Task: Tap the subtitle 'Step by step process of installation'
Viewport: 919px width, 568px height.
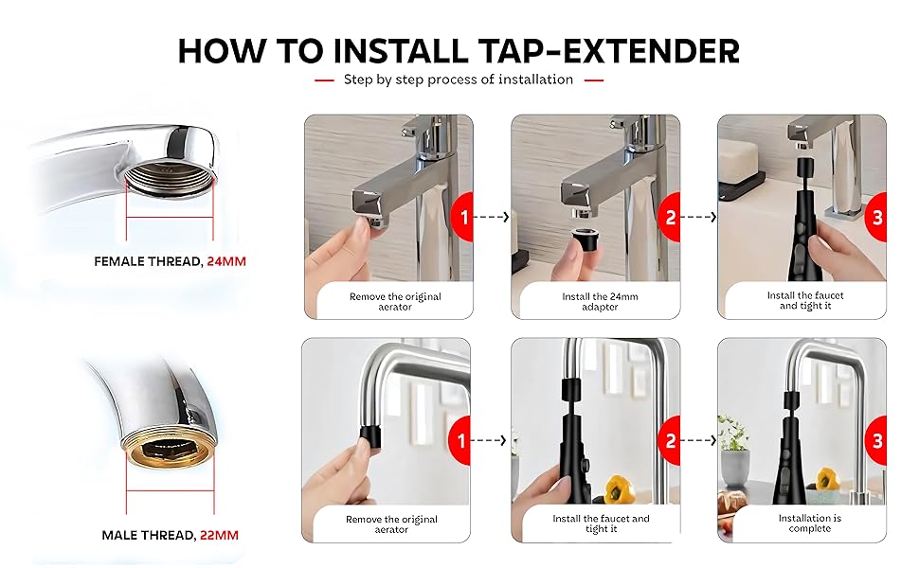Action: click(x=459, y=80)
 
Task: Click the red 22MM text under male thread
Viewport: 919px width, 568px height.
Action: click(x=219, y=535)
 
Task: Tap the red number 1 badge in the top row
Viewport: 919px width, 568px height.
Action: click(x=462, y=217)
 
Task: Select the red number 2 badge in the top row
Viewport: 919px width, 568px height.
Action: click(x=670, y=217)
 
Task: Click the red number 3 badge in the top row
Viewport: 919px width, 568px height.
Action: click(x=876, y=217)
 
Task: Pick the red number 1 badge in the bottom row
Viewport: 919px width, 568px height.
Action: click(x=462, y=441)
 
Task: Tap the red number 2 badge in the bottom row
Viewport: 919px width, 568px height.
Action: click(x=670, y=441)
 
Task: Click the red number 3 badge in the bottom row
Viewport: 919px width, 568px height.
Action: click(x=876, y=441)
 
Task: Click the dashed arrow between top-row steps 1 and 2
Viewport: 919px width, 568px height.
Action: click(x=492, y=217)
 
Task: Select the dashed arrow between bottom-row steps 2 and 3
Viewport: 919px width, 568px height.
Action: click(x=699, y=441)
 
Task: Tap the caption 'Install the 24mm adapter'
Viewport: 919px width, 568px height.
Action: click(x=600, y=301)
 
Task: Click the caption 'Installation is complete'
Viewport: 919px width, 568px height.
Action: click(x=809, y=524)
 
